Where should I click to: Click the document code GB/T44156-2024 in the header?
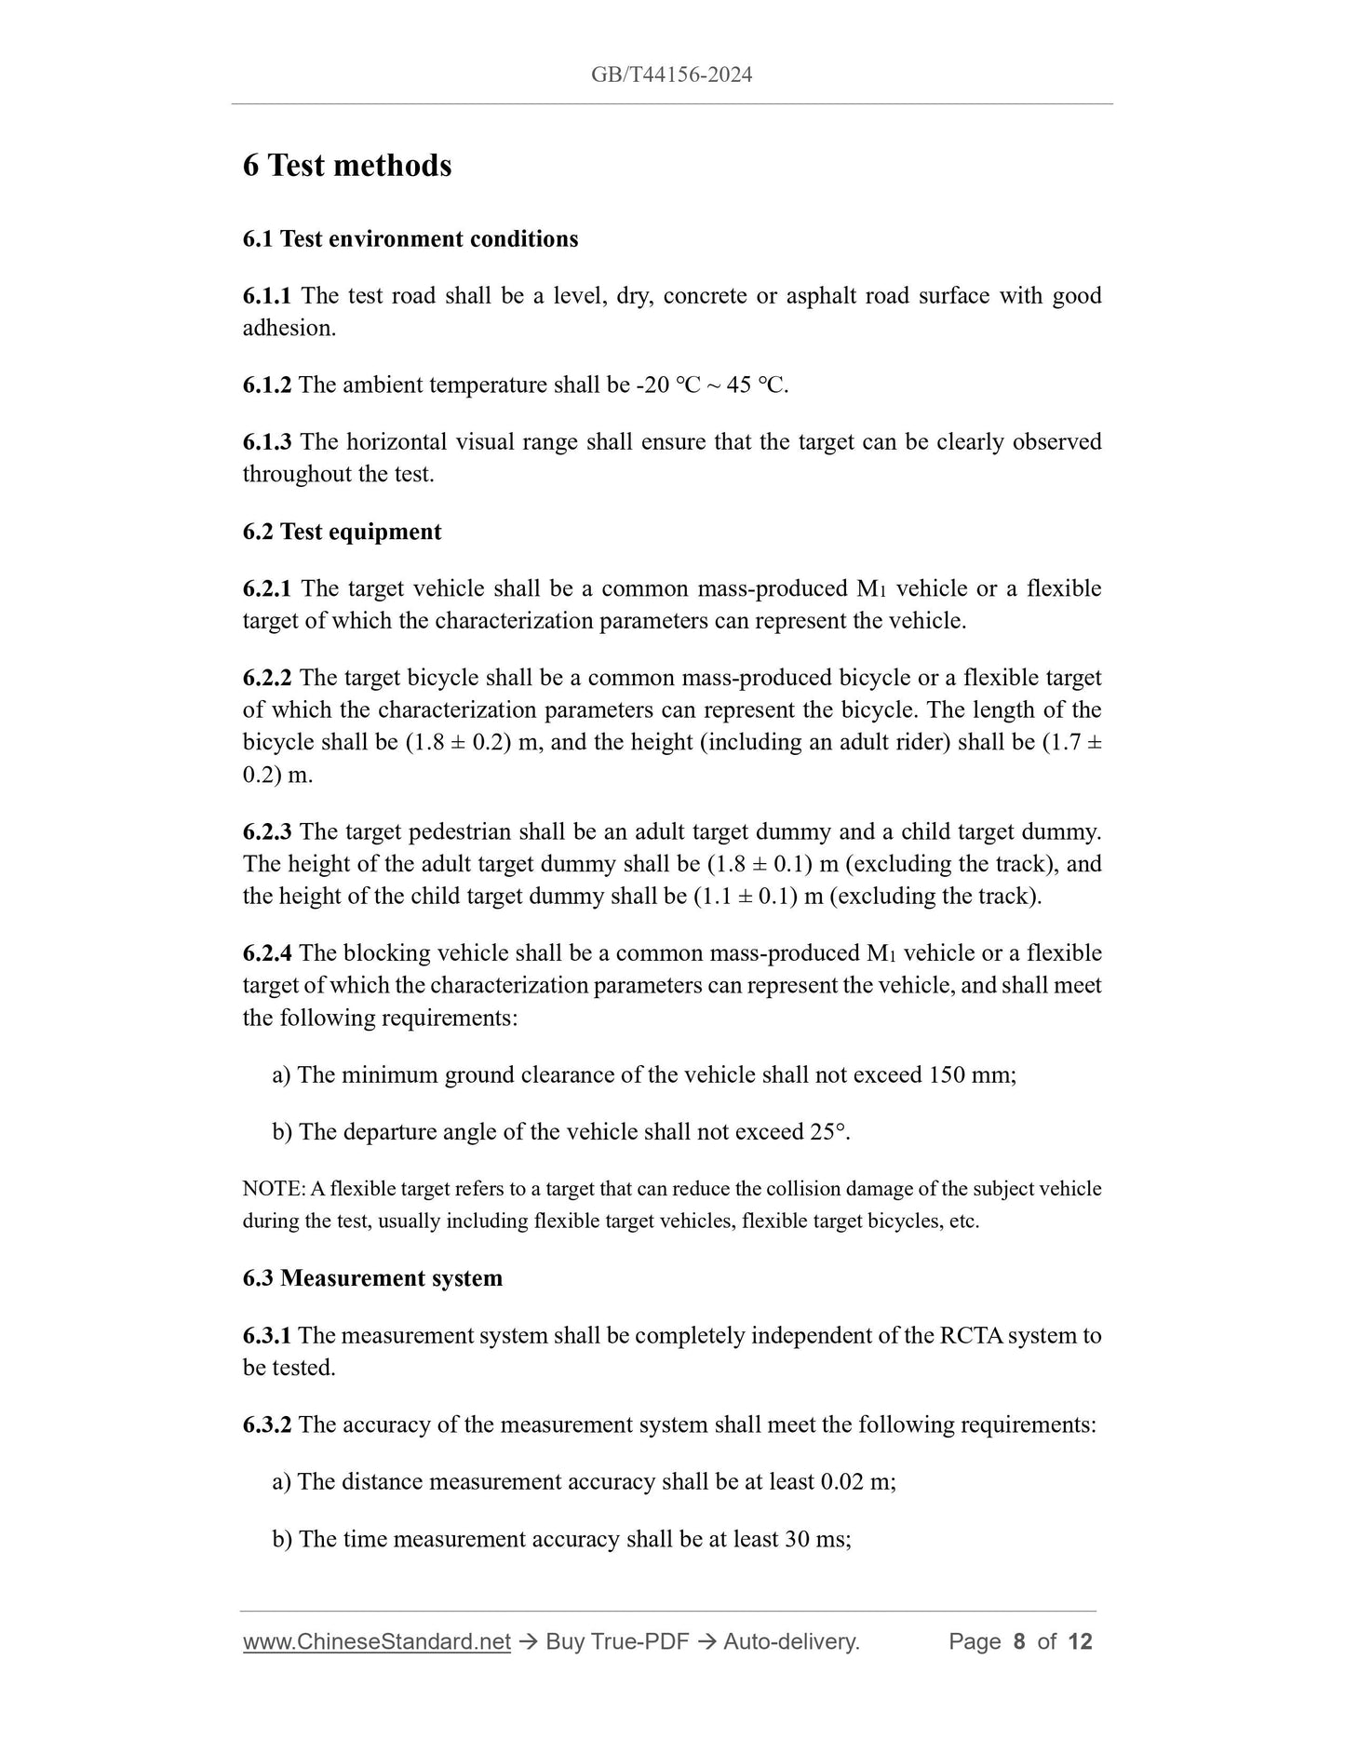click(x=671, y=75)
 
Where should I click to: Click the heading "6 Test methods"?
click(x=347, y=166)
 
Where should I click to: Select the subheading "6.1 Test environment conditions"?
click(x=410, y=239)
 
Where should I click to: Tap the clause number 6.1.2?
click(x=267, y=385)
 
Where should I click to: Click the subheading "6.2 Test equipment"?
click(x=343, y=532)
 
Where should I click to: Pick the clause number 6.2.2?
click(x=267, y=678)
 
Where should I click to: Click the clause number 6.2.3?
click(x=267, y=831)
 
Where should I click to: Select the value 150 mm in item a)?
click(x=971, y=1075)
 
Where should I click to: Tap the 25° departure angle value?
click(x=828, y=1132)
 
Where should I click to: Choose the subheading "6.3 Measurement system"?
click(x=372, y=1278)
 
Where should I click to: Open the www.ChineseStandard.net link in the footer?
click(x=377, y=1642)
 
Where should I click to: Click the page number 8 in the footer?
click(x=1019, y=1642)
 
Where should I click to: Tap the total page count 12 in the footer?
click(x=1080, y=1642)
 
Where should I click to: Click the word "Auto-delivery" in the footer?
click(x=789, y=1642)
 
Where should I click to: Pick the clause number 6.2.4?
click(x=267, y=953)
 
